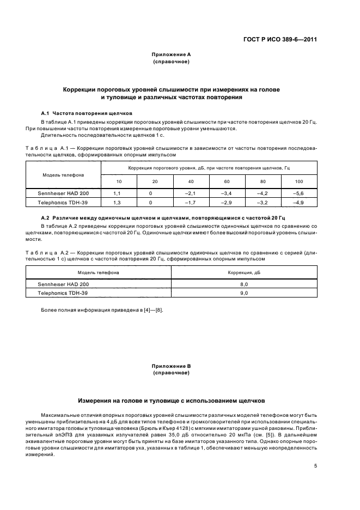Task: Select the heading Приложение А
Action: [171, 54]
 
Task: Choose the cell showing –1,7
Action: [190, 202]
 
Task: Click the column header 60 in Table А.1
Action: [226, 181]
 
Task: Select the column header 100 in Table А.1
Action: [298, 181]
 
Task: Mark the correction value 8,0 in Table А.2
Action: [243, 284]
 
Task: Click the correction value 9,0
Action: [243, 293]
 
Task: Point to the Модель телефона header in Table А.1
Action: [63, 175]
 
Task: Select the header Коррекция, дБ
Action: [243, 272]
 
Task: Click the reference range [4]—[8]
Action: [151, 310]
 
